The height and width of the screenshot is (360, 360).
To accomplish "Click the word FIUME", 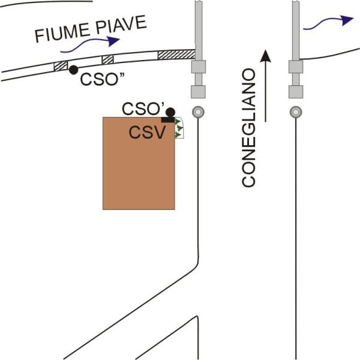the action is [62, 33].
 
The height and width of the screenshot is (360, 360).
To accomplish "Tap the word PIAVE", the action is [121, 25].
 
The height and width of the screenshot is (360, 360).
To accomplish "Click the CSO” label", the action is [102, 79].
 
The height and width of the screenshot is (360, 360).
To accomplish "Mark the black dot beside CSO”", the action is [73, 70].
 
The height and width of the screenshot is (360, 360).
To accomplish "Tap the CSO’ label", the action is [143, 109].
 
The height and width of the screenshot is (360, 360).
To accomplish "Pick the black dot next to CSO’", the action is [170, 112].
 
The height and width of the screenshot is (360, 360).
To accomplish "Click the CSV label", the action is [147, 133].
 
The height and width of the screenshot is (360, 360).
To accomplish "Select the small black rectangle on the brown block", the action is [168, 119].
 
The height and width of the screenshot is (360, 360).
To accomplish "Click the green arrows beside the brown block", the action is [179, 128].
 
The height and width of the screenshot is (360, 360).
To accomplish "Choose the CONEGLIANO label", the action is [248, 128].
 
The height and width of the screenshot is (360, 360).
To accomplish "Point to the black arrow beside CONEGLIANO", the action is [265, 86].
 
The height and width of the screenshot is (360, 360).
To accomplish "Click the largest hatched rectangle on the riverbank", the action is [176, 55].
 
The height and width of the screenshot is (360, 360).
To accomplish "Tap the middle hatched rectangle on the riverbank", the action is [107, 59].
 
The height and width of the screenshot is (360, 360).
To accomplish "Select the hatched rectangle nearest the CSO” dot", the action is [61, 66].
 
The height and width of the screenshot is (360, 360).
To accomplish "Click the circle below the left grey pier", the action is [198, 112].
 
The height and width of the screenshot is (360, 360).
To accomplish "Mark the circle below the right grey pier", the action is [296, 112].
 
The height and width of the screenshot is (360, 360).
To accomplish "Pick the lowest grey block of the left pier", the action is [198, 92].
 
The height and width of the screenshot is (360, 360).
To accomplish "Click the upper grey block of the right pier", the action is [296, 67].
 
